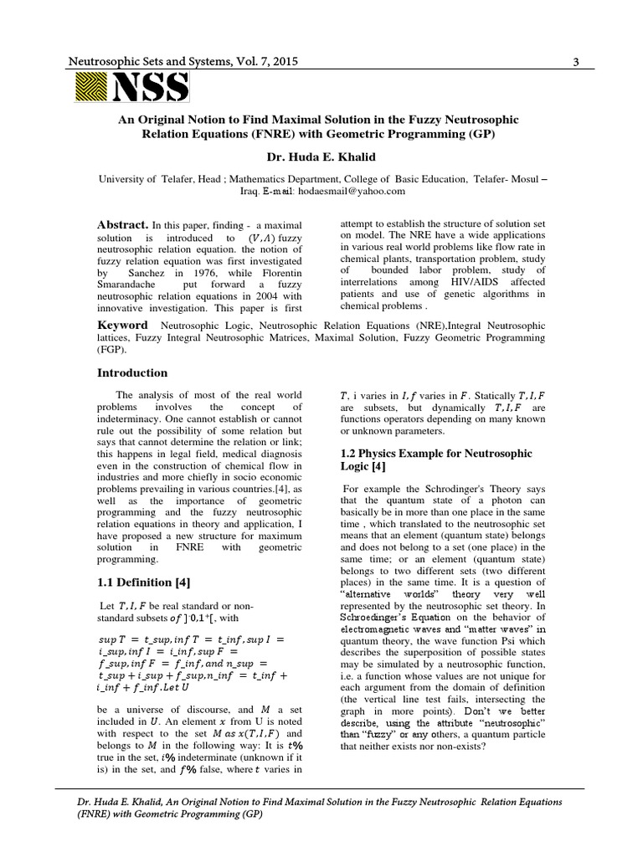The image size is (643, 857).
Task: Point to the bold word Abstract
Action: click(x=123, y=225)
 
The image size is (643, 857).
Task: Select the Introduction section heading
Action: click(x=133, y=372)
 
